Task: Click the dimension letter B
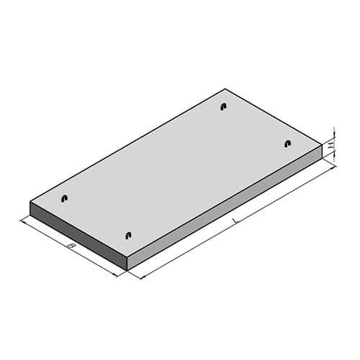[x=71, y=246]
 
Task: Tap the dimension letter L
[x=234, y=221]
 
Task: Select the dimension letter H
[x=331, y=145]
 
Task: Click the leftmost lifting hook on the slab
[x=64, y=198]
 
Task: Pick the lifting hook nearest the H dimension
[x=288, y=143]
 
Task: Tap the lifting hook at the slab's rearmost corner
[x=224, y=107]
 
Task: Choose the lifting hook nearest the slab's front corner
[x=129, y=235]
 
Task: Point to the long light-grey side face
[x=225, y=207]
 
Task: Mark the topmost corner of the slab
[x=225, y=89]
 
